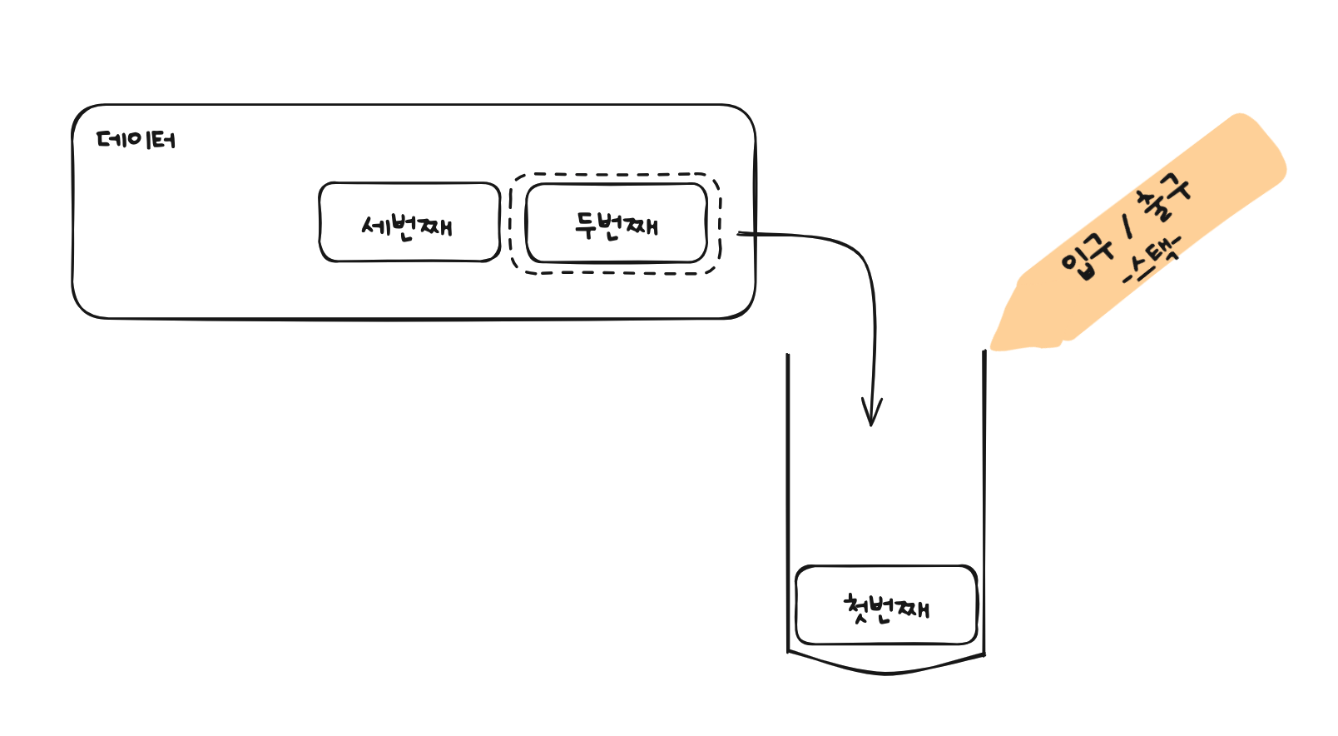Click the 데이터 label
136,140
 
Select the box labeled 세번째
409,221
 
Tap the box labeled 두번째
617,222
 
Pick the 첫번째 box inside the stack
886,605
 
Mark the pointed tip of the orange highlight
993,347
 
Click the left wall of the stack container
788,502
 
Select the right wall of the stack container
984,502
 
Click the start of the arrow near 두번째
739,233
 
